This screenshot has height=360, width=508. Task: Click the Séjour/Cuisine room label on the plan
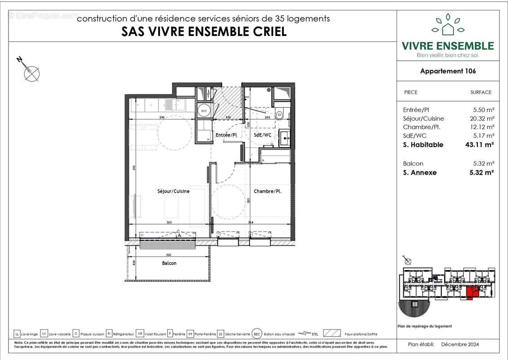point(173,191)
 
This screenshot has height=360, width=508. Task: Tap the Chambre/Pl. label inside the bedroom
point(268,191)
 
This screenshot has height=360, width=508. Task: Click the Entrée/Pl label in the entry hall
point(226,135)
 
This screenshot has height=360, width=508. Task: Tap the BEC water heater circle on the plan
point(204,110)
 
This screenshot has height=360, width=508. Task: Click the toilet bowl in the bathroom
point(280,115)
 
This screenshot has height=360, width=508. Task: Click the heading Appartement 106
point(448,71)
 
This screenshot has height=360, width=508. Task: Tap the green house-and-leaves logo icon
point(447,25)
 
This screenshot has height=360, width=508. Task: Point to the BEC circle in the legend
point(257,334)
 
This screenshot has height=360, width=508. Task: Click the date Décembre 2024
point(460,344)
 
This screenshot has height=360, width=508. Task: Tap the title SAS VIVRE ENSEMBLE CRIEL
point(204,32)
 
